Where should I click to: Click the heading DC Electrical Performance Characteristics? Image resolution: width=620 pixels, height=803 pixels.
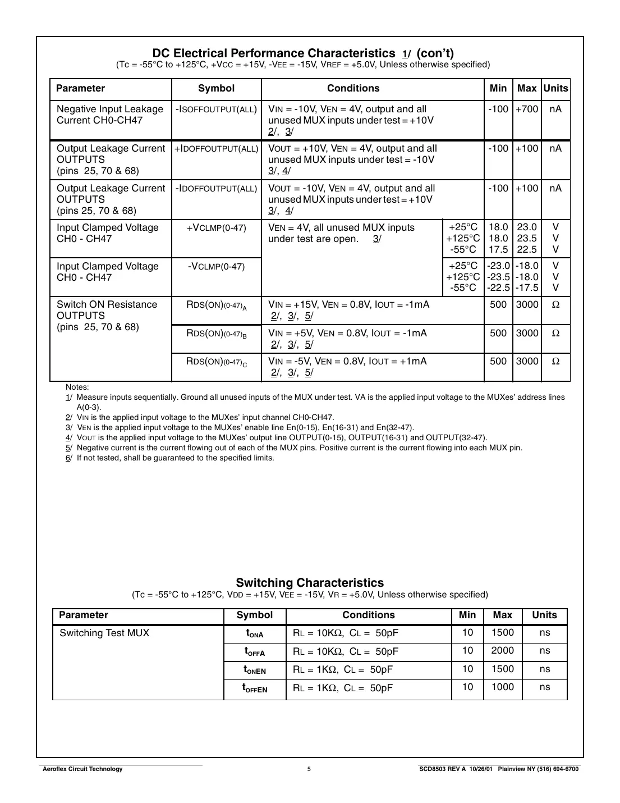274,53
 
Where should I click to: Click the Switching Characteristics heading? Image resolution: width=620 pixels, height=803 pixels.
310,583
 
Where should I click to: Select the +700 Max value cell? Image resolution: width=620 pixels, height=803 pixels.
527,109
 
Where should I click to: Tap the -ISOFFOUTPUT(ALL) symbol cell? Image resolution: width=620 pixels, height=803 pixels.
216,109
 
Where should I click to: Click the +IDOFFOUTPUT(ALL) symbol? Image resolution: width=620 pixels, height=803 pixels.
216,149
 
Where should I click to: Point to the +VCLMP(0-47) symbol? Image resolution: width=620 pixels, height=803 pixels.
216,228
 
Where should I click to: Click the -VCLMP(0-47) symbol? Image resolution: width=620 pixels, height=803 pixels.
216,267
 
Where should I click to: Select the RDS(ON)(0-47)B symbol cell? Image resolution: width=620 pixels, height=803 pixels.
216,334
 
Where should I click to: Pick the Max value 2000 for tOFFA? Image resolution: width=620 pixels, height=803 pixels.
502,651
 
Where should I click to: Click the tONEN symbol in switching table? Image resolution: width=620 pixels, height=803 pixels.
255,670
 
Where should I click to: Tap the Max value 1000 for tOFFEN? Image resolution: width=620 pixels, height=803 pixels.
502,687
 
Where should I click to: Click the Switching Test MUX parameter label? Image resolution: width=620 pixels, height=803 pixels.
104,633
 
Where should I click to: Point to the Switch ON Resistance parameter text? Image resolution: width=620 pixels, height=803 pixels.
107,305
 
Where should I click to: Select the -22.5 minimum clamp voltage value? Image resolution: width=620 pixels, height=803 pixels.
498,288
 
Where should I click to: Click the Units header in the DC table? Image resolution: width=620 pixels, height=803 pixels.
555,89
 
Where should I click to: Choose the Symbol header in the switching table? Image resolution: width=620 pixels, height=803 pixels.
255,615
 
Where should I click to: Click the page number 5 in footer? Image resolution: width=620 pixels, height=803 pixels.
309,769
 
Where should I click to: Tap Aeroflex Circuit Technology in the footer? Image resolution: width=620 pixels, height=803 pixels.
82,769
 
